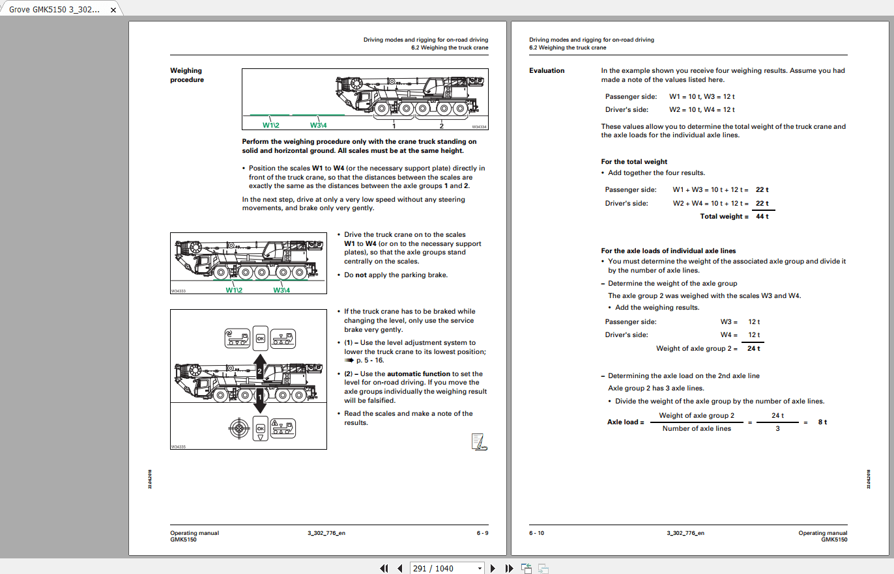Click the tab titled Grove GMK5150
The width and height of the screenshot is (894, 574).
pos(55,10)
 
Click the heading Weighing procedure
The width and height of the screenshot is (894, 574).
pos(187,75)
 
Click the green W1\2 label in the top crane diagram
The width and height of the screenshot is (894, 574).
pos(271,125)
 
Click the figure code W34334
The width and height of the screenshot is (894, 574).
pos(480,128)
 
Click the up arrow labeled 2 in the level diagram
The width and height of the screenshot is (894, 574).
pos(259,368)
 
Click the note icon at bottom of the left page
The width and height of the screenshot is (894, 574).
pos(479,442)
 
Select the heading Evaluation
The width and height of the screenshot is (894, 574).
pos(547,70)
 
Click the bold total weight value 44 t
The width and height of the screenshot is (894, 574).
pos(762,216)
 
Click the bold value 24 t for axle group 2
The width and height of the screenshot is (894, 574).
pos(753,348)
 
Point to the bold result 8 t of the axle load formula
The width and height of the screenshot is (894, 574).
pos(822,422)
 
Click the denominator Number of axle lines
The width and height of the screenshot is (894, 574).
pos(697,428)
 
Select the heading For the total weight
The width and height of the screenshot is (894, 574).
pos(634,161)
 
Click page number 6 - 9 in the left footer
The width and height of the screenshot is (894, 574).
pos(482,533)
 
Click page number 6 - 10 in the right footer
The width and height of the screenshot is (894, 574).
pos(536,533)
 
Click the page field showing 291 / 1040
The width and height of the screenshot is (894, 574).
pos(446,568)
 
